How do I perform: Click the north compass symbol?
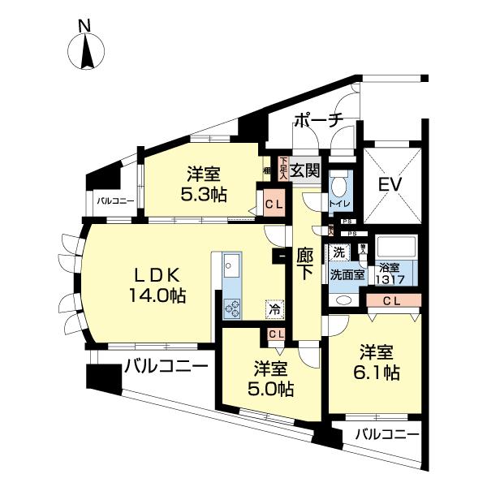pos(86,50)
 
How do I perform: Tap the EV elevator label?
pos(392,185)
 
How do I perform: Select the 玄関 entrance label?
pos(304,170)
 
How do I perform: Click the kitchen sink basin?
pos(230,265)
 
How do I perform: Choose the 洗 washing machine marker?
pos(337,252)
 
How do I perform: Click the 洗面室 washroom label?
pos(347,274)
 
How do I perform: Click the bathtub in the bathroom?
pos(397,248)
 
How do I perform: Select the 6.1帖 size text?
pos(378,363)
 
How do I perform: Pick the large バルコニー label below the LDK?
pos(166,368)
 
